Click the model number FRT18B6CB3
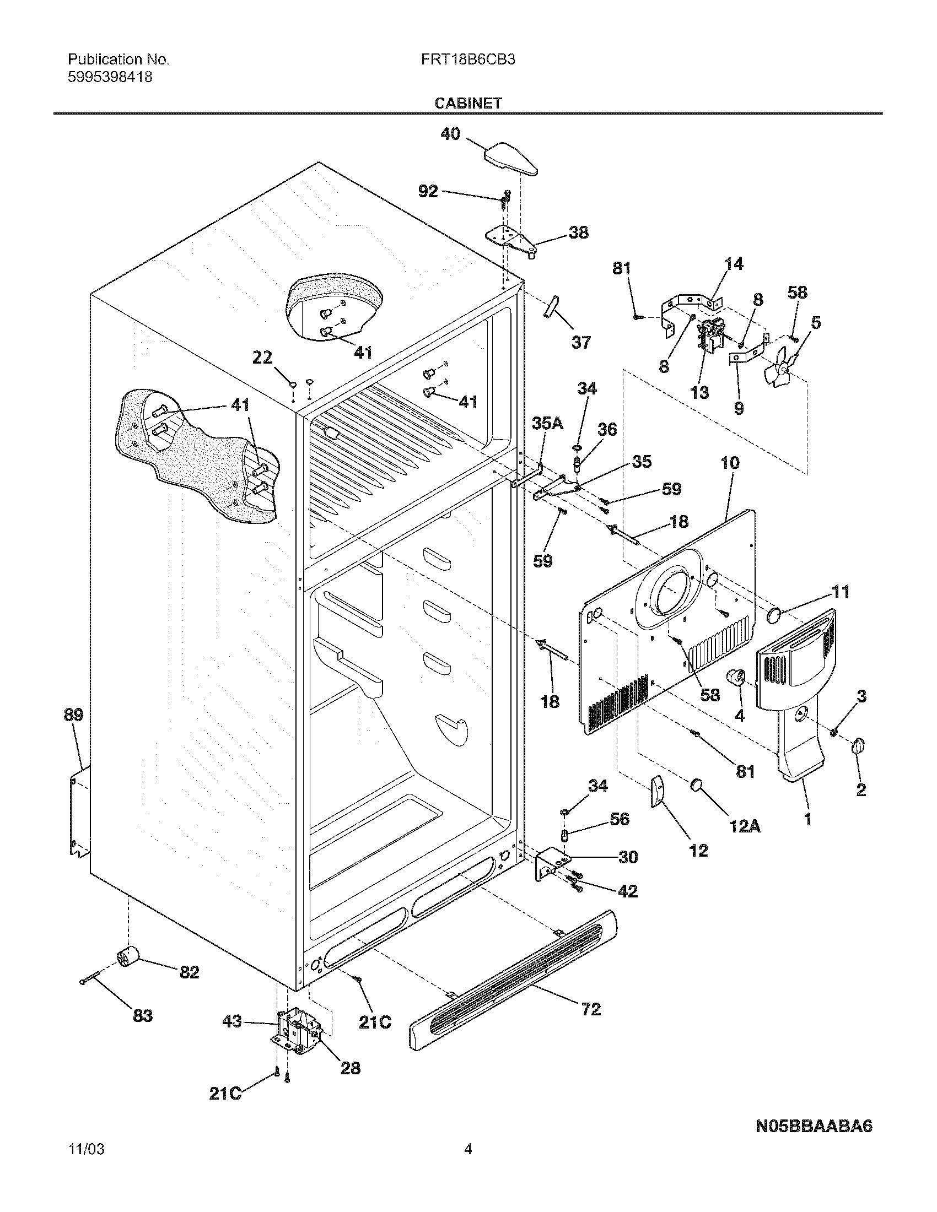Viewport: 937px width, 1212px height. click(x=467, y=59)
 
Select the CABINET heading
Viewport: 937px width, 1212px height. click(x=468, y=103)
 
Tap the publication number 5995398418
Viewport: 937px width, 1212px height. click(x=110, y=77)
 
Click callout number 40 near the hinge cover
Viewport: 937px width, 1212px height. click(x=450, y=134)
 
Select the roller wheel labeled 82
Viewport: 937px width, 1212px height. click(x=128, y=957)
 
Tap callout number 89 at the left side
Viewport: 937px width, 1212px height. click(x=73, y=715)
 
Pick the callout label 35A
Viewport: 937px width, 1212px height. click(x=547, y=424)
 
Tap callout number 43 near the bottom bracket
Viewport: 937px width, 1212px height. click(x=232, y=1021)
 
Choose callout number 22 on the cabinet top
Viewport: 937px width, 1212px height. click(x=262, y=358)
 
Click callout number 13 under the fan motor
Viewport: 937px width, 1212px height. click(x=699, y=392)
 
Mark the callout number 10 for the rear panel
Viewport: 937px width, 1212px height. click(x=730, y=462)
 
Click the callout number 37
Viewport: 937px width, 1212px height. click(x=580, y=343)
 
